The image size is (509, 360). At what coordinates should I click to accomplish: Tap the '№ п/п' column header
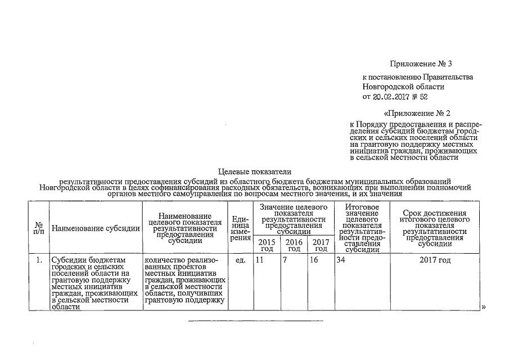tap(39, 228)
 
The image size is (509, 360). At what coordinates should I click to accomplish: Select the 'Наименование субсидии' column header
tap(96, 228)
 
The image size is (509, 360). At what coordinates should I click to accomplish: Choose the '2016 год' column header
tap(294, 245)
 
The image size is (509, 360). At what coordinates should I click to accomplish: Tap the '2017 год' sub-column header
tap(321, 245)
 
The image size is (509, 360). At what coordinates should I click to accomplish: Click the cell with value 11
tap(259, 260)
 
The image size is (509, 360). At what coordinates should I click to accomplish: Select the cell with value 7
tap(285, 260)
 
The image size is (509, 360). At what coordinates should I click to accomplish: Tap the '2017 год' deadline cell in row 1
tap(435, 260)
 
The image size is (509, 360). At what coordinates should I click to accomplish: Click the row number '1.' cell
tap(39, 260)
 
